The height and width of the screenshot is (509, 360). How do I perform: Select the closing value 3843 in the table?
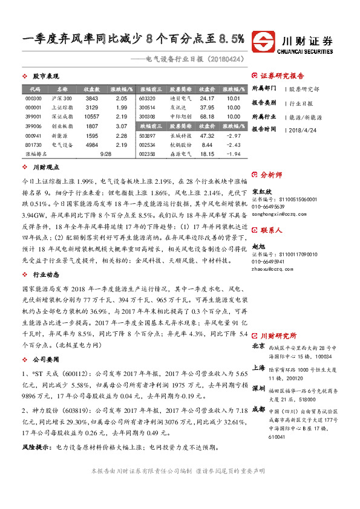click(91, 98)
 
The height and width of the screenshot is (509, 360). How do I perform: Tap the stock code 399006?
click(33, 126)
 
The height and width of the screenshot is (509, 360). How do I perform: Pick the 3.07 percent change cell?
click(121, 126)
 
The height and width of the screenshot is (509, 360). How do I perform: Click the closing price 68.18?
click(207, 117)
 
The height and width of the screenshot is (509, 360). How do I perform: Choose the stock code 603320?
click(148, 98)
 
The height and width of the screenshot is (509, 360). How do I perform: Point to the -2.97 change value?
click(233, 136)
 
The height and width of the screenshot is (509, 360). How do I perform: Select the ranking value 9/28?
click(106, 155)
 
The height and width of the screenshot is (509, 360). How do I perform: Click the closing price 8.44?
click(207, 145)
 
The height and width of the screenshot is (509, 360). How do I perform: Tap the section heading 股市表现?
click(45, 77)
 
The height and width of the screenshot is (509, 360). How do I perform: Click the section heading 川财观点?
click(45, 167)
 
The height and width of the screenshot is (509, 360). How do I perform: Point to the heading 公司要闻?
click(45, 359)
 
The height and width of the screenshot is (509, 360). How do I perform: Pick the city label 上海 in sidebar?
click(258, 368)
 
